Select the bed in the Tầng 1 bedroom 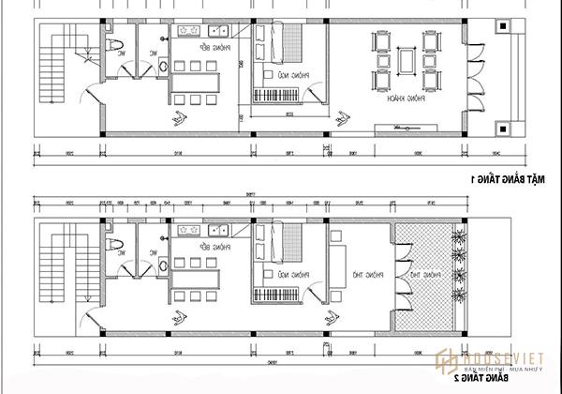tap(287, 41)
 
